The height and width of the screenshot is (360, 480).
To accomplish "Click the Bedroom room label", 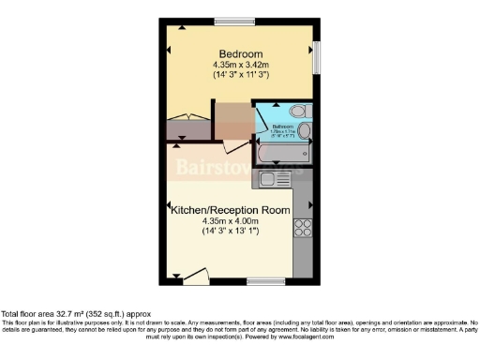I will pyautogui.click(x=240, y=52).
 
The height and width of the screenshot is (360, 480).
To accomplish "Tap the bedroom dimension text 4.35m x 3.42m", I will pyautogui.click(x=240, y=65).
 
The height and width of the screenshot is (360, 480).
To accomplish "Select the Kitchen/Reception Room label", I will pyautogui.click(x=229, y=210).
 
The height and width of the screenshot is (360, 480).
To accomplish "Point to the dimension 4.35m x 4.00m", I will pyautogui.click(x=229, y=221).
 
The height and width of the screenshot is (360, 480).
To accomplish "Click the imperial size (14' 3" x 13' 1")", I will pyautogui.click(x=229, y=232).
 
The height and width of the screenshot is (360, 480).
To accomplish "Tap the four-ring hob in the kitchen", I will pyautogui.click(x=303, y=226).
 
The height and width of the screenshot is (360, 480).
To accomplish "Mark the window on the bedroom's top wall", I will pyautogui.click(x=228, y=21).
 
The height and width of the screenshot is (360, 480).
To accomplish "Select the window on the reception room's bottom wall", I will pyautogui.click(x=261, y=280).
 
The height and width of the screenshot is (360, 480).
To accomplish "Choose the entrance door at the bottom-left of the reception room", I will pyautogui.click(x=194, y=275).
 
